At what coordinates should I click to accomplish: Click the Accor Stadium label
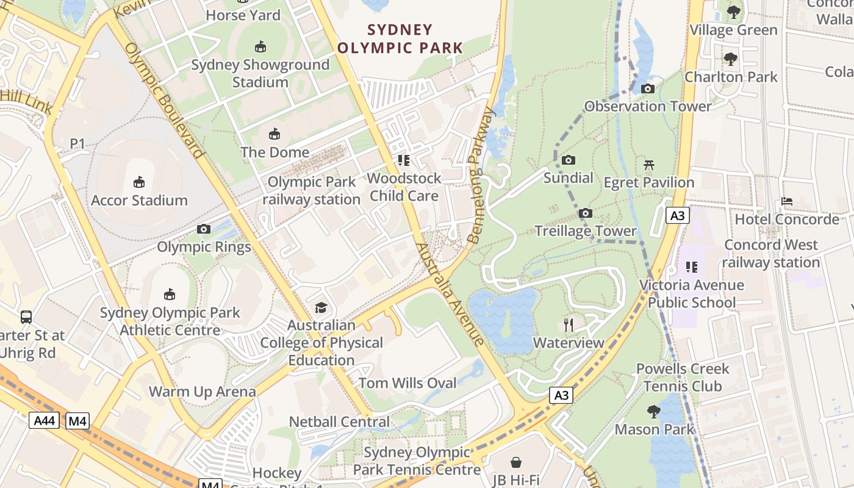139,200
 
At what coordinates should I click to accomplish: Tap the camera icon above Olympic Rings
204,229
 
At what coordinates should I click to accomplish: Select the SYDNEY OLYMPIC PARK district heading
400,38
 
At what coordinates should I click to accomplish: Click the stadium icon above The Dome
274,134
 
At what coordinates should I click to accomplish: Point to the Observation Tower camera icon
648,89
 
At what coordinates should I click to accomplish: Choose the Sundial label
568,178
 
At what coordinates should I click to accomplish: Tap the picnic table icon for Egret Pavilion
649,165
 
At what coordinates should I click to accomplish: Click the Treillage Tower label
585,231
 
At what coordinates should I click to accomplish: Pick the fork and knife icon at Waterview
569,325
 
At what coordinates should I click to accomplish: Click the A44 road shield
44,420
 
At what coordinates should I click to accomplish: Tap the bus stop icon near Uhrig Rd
26,317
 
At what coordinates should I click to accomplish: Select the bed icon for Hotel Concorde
787,201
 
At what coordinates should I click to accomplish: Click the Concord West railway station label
771,254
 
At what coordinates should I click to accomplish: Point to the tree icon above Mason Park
654,412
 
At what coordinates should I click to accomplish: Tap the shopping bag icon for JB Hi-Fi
516,462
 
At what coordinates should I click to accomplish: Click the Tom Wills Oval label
407,383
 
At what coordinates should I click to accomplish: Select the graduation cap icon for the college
321,307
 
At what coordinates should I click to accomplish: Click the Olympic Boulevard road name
163,101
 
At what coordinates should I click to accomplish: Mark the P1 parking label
77,143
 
